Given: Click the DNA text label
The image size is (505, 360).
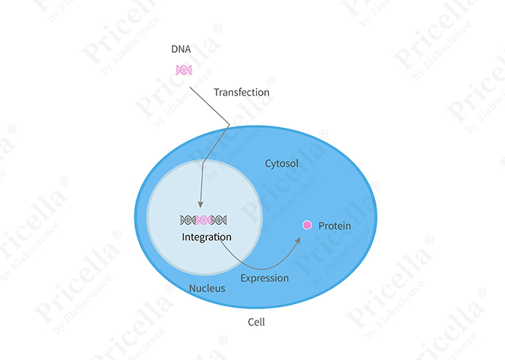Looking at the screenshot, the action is (181, 49).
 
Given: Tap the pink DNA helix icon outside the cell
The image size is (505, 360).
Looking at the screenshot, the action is (184, 70).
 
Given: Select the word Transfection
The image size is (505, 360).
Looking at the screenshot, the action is (241, 92).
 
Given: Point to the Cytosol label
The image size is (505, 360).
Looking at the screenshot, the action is (281, 164).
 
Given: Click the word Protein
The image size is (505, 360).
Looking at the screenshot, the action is (335, 226).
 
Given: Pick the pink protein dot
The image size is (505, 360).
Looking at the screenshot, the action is (308, 225).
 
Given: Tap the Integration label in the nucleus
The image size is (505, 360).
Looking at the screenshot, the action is (206, 237).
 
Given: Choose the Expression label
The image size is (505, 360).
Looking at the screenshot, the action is (264, 278).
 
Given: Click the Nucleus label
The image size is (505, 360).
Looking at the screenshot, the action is (207, 288).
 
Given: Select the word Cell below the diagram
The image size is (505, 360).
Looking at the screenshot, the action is (256, 322).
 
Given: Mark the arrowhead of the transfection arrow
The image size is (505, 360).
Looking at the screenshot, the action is (200, 205).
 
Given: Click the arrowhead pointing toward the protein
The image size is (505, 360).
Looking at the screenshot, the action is (298, 240).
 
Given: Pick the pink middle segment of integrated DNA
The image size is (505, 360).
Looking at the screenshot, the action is (203, 220).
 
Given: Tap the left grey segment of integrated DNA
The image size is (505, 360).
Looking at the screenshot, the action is (188, 220).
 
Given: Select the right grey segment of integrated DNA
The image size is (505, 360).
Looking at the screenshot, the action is (219, 220).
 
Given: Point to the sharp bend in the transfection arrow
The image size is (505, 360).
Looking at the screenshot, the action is (229, 124).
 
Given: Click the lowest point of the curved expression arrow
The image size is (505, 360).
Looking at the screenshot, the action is (261, 269).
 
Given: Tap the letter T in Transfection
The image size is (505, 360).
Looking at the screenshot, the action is (217, 92).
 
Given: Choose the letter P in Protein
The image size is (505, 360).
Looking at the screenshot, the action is (321, 226).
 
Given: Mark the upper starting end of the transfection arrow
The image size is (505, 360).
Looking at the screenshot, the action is (189, 87).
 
